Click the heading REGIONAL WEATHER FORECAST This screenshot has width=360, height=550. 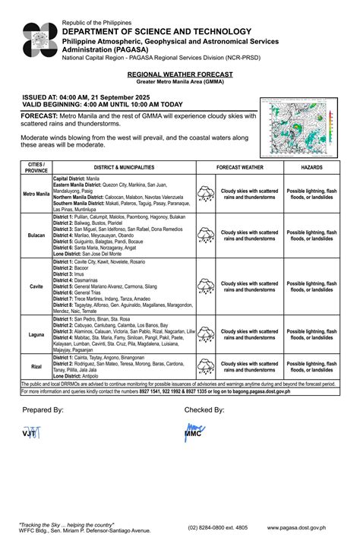[180, 75]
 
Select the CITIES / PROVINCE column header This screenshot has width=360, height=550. [36, 166]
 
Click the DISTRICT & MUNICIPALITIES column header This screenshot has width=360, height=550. [124, 166]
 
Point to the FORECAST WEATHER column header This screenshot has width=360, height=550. [240, 166]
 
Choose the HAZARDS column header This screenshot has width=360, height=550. [311, 166]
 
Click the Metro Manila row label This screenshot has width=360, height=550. [36, 194]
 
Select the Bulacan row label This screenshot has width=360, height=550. [36, 235]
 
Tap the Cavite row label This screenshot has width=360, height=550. [36, 286]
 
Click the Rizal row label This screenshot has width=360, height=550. [36, 366]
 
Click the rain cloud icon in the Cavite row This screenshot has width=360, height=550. [206, 286]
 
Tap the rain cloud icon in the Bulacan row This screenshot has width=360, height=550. [206, 235]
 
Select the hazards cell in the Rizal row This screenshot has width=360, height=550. [311, 367]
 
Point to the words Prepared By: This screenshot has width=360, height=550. [43, 409]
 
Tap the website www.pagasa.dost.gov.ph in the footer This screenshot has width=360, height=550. [297, 526]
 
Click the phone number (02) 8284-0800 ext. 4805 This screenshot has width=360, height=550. [218, 526]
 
